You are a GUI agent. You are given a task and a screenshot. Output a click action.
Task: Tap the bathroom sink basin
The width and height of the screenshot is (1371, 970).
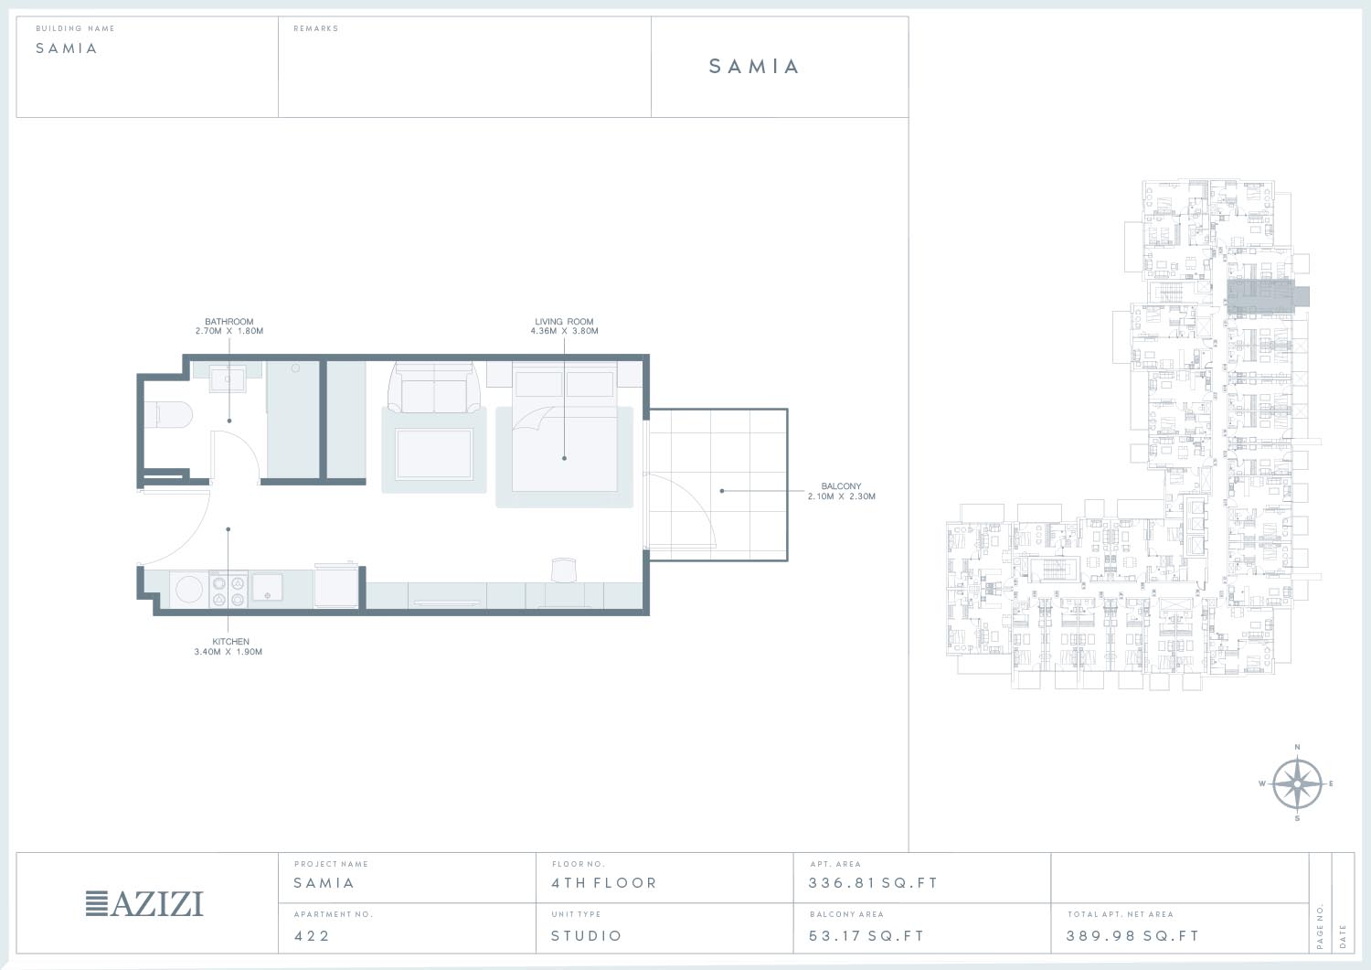[x=227, y=378]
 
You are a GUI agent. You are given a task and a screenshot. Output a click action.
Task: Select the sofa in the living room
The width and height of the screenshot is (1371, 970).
[x=434, y=388]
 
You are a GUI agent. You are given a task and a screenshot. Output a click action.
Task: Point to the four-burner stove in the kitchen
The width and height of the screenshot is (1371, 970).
[x=228, y=591]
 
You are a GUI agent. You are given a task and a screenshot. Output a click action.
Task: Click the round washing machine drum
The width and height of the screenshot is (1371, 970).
[x=188, y=590]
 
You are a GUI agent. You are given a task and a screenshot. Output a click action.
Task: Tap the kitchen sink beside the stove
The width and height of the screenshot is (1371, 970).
[x=268, y=587]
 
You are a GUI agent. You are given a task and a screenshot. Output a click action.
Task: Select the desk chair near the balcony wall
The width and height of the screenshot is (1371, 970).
[x=564, y=570]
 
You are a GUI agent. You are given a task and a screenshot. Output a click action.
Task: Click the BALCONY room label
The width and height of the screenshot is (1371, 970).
[x=841, y=486]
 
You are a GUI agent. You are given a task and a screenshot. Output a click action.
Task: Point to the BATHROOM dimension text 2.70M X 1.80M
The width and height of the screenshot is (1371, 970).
[x=229, y=331]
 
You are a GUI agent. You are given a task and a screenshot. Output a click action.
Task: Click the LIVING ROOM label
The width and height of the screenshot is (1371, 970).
[x=564, y=322]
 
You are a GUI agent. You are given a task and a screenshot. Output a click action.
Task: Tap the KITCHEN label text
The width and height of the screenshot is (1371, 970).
[x=230, y=642]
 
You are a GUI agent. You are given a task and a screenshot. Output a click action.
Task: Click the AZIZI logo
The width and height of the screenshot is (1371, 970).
[x=144, y=904]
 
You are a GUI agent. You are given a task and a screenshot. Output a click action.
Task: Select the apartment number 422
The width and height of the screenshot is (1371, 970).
[x=313, y=935]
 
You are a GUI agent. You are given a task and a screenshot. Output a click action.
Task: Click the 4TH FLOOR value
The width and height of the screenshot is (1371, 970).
[x=604, y=883]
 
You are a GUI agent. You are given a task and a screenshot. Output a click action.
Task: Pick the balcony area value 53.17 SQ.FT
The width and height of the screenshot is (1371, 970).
[x=866, y=935]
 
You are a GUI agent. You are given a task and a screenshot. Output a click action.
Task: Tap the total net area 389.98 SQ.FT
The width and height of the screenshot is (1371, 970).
[x=1133, y=935]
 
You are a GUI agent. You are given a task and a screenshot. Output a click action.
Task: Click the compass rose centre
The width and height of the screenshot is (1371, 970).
[x=1297, y=783]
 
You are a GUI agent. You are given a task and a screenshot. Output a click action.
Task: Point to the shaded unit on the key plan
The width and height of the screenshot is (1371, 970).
[x=1267, y=297]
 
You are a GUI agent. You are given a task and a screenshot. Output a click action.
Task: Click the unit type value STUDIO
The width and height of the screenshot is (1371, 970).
[x=587, y=935]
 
